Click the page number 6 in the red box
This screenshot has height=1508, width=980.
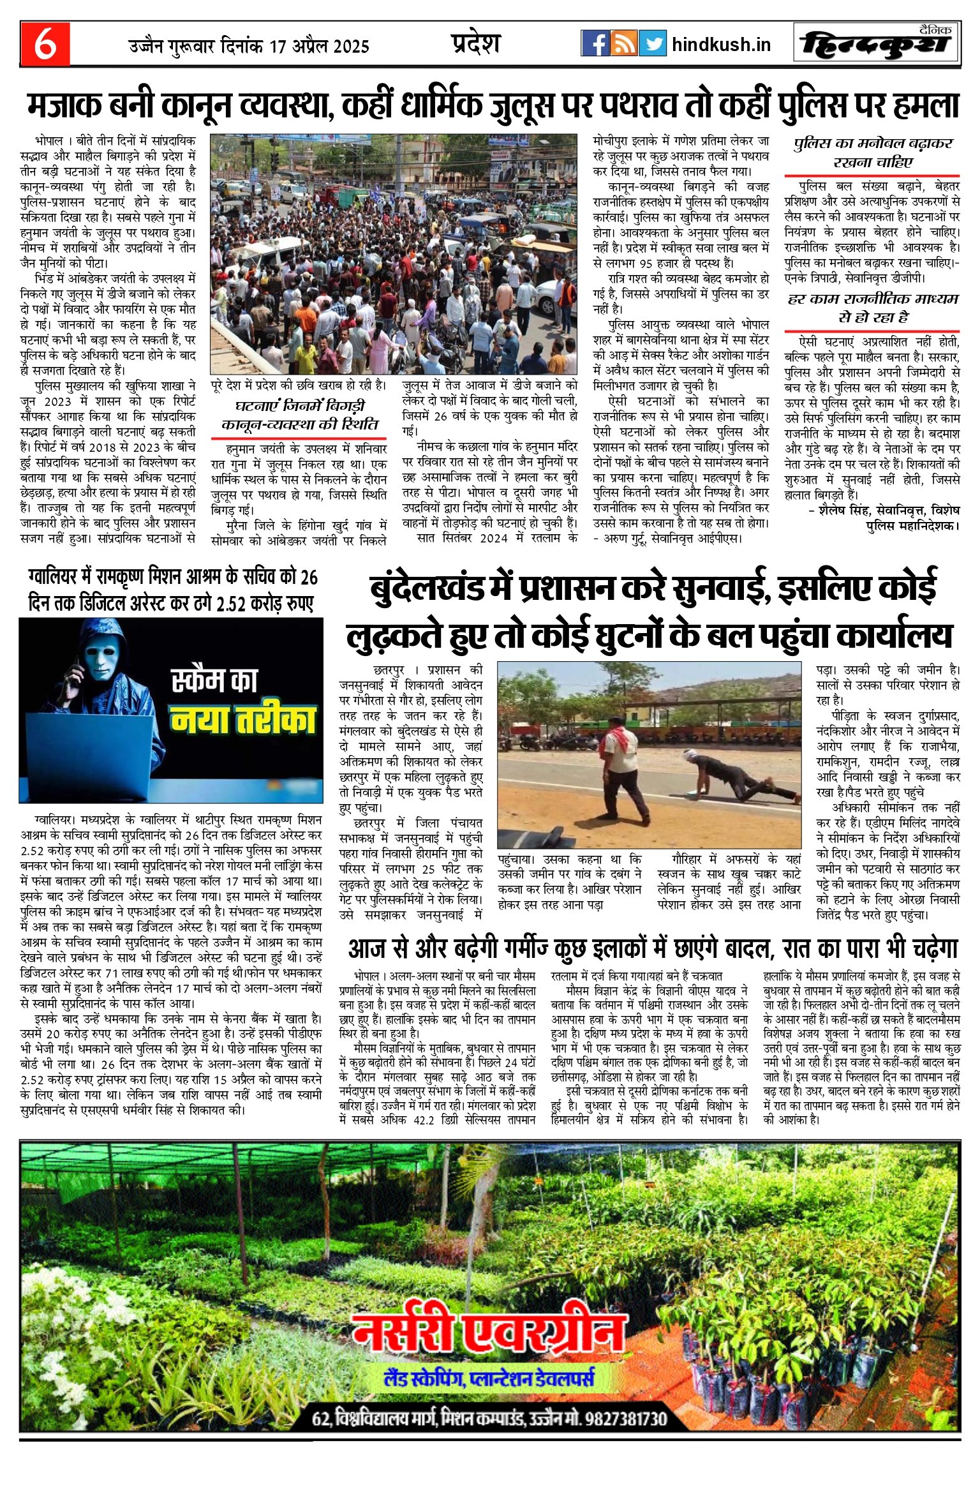[x=45, y=44]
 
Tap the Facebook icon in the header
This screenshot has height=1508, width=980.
[x=595, y=43]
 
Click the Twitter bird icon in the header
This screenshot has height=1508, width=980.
[x=652, y=43]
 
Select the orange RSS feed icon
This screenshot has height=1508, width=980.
[x=623, y=43]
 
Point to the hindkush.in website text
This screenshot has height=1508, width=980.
[x=721, y=45]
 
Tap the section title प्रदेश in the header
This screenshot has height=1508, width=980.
[x=475, y=43]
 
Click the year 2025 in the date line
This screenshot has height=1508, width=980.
[x=350, y=47]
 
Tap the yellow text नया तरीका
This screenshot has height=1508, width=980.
[x=243, y=719]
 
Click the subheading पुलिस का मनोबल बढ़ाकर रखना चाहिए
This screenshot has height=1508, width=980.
[x=872, y=152]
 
